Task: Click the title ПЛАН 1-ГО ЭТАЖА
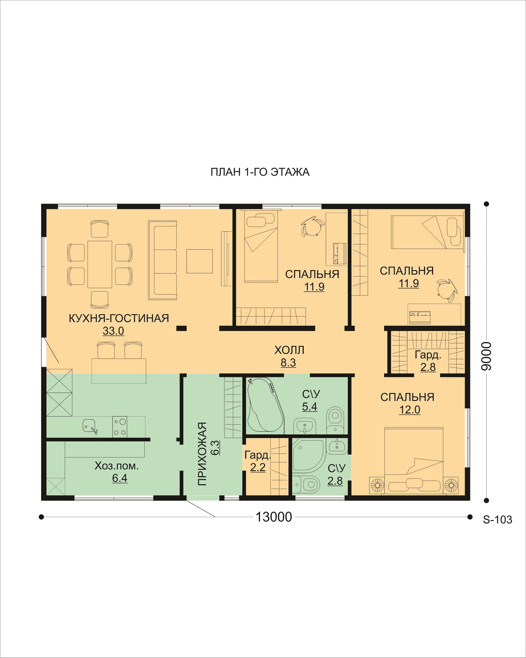click(x=260, y=172)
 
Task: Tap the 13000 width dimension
click(x=274, y=517)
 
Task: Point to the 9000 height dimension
click(x=486, y=357)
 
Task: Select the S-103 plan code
click(x=497, y=519)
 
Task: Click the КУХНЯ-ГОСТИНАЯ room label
click(x=119, y=318)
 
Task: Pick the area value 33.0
click(x=113, y=331)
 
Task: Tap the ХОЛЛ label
click(x=289, y=350)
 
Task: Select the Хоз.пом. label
click(x=116, y=466)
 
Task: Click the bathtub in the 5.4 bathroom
click(x=265, y=406)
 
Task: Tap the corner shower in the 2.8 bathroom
click(x=308, y=456)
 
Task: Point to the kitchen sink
click(x=90, y=426)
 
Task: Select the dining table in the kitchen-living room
click(x=100, y=265)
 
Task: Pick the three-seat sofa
click(x=162, y=260)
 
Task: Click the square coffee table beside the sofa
click(x=199, y=261)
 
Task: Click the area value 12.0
click(x=409, y=410)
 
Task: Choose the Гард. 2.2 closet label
click(x=257, y=461)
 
